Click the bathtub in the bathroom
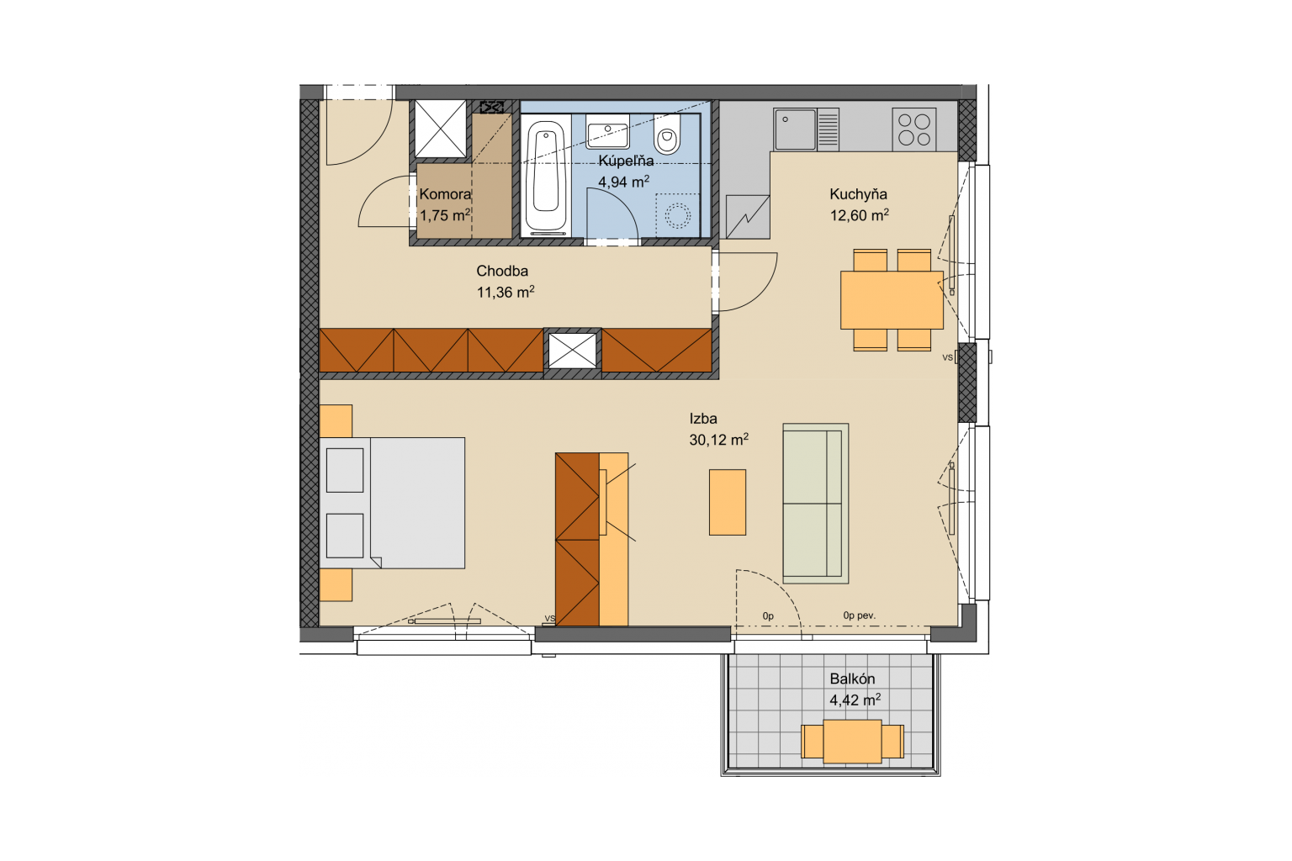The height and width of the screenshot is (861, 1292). [545, 177]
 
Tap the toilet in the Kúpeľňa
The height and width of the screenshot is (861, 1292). [667, 134]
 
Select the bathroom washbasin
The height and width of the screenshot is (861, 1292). [607, 131]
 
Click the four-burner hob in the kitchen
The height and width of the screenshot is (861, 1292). [913, 129]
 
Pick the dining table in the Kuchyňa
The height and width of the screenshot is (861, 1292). [892, 300]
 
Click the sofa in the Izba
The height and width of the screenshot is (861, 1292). [816, 504]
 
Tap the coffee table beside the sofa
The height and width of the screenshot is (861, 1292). [728, 502]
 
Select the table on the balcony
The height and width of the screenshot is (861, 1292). [852, 742]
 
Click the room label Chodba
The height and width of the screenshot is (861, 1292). [502, 271]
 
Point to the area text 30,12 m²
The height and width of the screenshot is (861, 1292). [718, 440]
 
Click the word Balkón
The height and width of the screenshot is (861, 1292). [852, 679]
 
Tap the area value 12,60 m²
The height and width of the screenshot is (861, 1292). [859, 215]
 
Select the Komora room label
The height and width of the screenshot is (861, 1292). [445, 194]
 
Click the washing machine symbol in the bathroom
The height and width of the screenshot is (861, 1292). [678, 216]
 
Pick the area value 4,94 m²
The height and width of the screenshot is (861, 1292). [623, 182]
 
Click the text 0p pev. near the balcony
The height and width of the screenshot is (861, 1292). [860, 616]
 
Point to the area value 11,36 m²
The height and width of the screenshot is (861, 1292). [506, 293]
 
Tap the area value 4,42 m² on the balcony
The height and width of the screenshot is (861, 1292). [855, 700]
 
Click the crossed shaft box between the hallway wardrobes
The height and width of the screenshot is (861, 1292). [572, 350]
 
